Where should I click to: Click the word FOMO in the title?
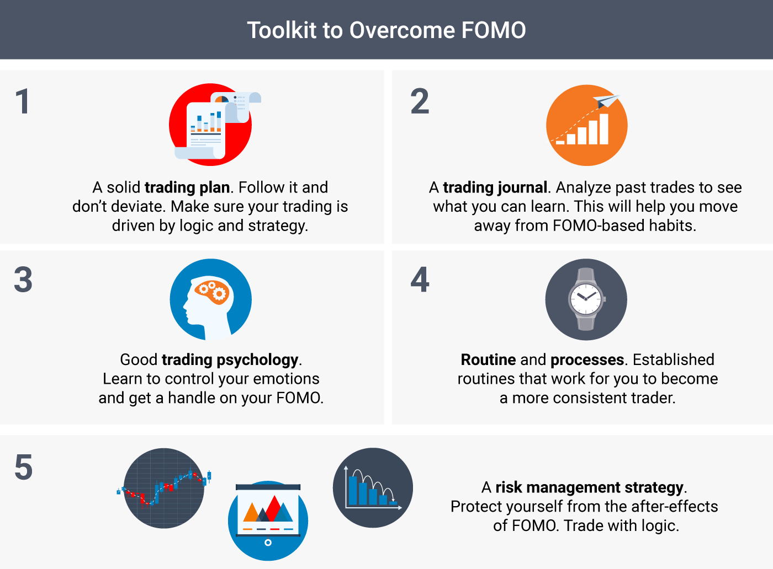click(x=494, y=30)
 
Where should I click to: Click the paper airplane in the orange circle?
click(x=606, y=101)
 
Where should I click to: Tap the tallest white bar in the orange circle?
click(x=604, y=129)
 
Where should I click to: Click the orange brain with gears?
click(x=211, y=292)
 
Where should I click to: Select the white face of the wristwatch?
click(x=586, y=298)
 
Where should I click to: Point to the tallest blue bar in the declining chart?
click(x=353, y=491)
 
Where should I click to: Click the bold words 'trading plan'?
click(x=187, y=187)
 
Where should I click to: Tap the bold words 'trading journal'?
click(x=495, y=187)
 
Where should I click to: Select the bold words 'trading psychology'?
click(x=230, y=360)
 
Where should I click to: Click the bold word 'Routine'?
click(x=488, y=360)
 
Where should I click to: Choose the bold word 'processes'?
click(x=587, y=360)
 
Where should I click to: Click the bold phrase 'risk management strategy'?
click(x=590, y=487)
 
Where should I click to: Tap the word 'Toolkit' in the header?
click(x=282, y=30)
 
